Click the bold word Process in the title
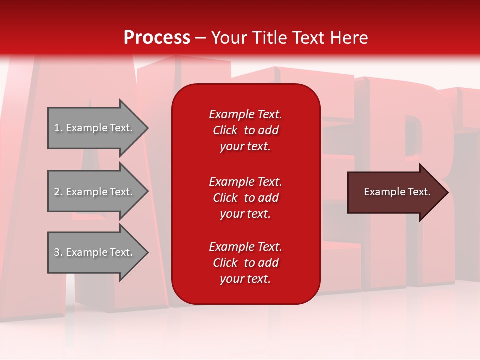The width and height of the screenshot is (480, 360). [157, 38]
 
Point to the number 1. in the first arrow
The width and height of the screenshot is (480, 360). [58, 128]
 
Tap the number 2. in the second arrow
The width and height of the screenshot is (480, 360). [58, 192]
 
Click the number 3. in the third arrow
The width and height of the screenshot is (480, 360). [58, 252]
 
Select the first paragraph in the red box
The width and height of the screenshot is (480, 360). [245, 130]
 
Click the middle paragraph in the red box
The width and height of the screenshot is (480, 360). [245, 198]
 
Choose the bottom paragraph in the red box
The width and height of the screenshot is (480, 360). [245, 263]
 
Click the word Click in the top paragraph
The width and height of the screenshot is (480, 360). [225, 130]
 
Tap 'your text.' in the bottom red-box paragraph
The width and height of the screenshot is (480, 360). [245, 279]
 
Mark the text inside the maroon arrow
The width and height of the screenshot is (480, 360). [397, 192]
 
